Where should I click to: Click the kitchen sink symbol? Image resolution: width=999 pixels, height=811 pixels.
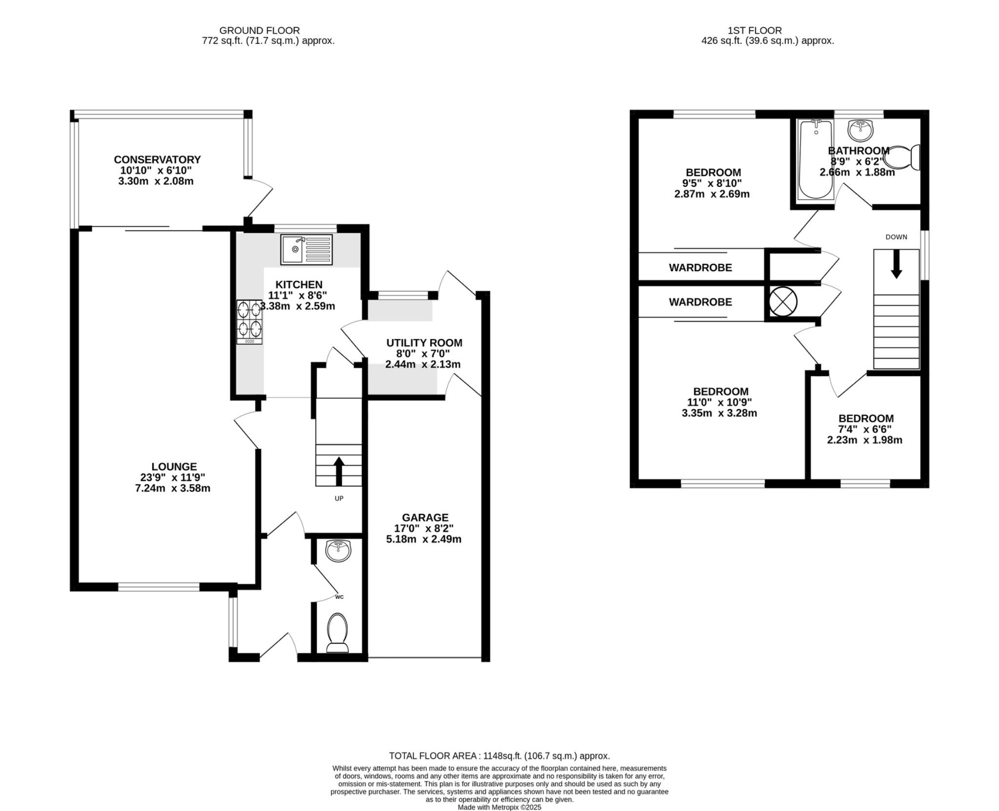306,249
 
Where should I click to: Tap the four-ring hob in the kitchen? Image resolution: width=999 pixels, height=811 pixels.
249,321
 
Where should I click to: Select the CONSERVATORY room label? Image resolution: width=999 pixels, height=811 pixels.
157,159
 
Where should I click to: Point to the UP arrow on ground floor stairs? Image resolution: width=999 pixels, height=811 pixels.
339,470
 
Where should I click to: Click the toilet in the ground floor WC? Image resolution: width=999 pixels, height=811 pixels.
337,632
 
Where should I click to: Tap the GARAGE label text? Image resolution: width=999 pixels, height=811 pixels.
425,517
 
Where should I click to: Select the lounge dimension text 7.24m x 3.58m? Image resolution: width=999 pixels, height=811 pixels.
173,488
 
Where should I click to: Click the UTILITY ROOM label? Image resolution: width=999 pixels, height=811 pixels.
424,343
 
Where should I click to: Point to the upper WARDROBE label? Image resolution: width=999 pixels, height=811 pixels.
700,268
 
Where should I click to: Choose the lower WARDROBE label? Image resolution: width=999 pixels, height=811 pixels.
700,302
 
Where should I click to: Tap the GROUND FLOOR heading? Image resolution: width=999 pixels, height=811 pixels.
260,30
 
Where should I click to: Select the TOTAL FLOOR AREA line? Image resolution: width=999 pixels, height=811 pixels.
499,756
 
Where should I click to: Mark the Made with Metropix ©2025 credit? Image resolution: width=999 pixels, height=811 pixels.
499,807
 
